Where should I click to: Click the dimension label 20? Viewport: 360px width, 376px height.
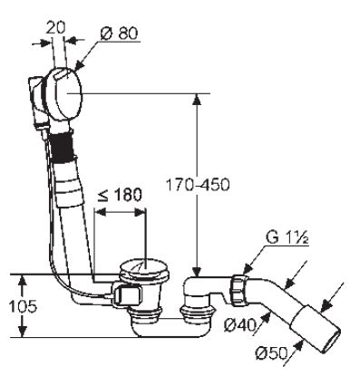pyautogui.click(x=55, y=28)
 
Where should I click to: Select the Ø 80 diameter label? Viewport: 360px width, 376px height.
pyautogui.click(x=120, y=34)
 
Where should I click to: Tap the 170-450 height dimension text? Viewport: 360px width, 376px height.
pyautogui.click(x=199, y=185)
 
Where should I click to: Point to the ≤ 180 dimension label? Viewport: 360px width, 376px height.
pyautogui.click(x=120, y=195)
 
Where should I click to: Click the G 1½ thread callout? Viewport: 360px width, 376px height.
pyautogui.click(x=287, y=238)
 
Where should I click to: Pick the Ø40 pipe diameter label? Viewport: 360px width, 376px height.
pyautogui.click(x=239, y=325)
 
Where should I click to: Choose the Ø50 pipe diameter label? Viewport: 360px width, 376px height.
pyautogui.click(x=271, y=353)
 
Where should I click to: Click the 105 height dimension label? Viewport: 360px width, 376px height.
pyautogui.click(x=23, y=306)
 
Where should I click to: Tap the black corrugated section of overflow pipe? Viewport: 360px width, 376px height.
pyautogui.click(x=63, y=149)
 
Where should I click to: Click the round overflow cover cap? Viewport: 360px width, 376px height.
pyautogui.click(x=68, y=93)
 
